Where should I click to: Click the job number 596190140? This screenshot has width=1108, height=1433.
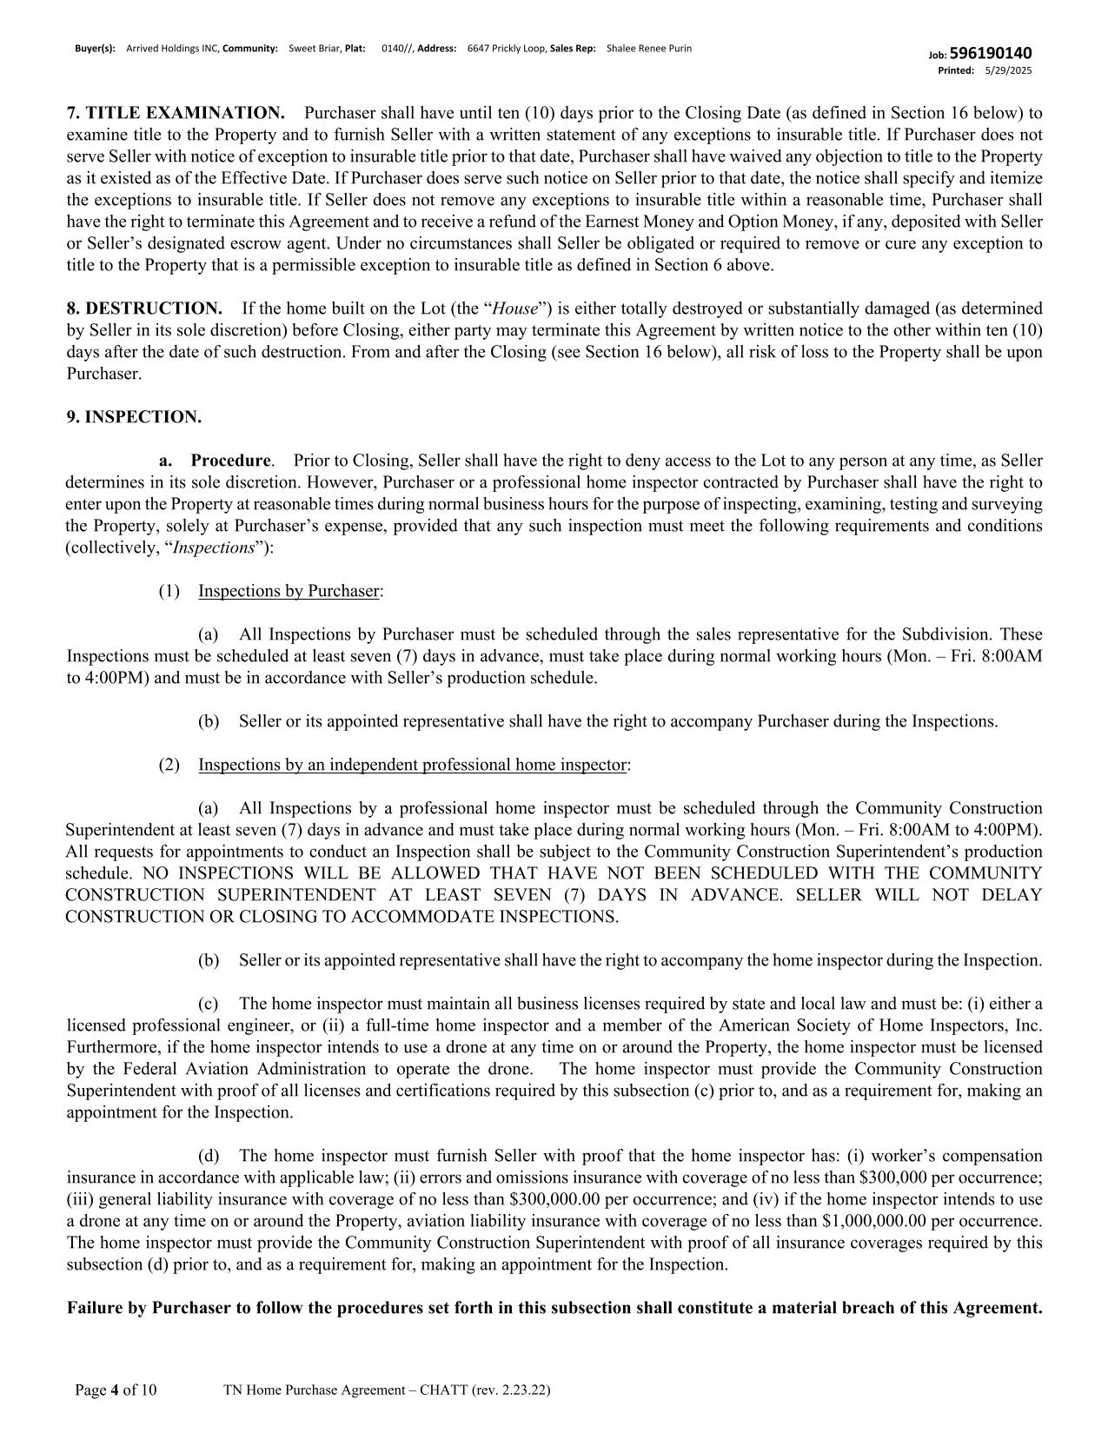[991, 54]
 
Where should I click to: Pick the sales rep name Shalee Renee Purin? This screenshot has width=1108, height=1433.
[649, 49]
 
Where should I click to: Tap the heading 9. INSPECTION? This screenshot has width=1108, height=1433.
[134, 417]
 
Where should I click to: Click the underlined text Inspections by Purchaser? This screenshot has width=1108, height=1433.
[289, 591]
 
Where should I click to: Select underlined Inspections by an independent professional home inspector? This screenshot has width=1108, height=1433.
[412, 765]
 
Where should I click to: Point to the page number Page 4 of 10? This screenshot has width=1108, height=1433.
[116, 1390]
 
